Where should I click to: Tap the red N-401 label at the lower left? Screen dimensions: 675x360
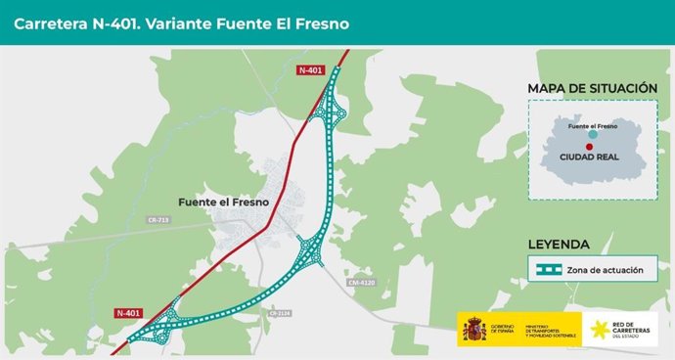pos(128,313)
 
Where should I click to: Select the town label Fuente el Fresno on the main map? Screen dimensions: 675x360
pos(224,202)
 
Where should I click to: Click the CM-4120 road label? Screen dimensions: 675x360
pos(361,283)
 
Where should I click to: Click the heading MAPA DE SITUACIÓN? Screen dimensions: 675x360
pos(592,88)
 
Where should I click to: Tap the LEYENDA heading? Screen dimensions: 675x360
pos(559,245)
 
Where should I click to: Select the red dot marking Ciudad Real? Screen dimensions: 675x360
pos(590,146)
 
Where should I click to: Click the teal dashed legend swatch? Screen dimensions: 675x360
pos(546,270)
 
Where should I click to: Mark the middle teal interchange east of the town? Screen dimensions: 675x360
pos(312,249)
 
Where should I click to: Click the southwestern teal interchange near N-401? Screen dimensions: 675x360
pos(161,326)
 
